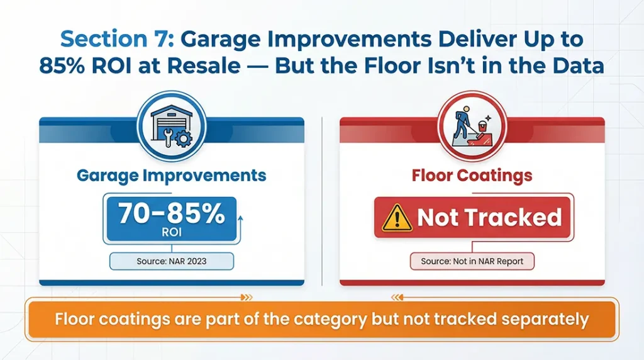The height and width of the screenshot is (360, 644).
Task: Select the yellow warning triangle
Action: point(397,218)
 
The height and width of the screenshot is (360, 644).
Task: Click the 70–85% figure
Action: point(171,213)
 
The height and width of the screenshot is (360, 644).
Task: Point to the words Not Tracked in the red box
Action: point(489,218)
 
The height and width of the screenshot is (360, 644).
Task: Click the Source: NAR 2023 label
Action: point(171,261)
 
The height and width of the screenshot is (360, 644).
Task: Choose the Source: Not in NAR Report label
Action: point(472,261)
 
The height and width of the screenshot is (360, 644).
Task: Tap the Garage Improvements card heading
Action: point(171,175)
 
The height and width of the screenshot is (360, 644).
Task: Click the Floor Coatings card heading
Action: point(472,175)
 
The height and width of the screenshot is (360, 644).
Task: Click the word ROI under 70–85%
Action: point(171,232)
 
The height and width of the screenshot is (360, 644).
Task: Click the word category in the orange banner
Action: point(323,319)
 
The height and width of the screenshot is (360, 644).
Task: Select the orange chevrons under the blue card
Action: point(246,298)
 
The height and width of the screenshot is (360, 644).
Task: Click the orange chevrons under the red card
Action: point(397,298)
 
